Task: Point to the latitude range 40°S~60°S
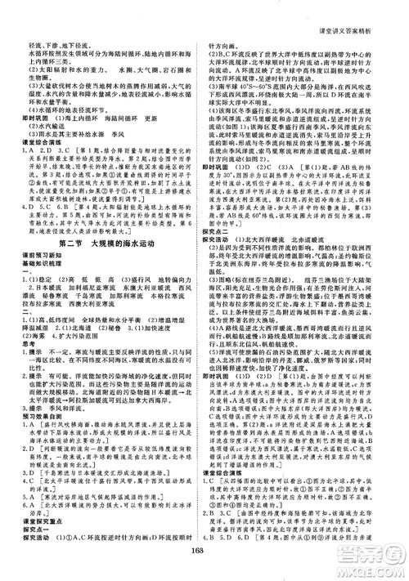[x=258, y=83]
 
